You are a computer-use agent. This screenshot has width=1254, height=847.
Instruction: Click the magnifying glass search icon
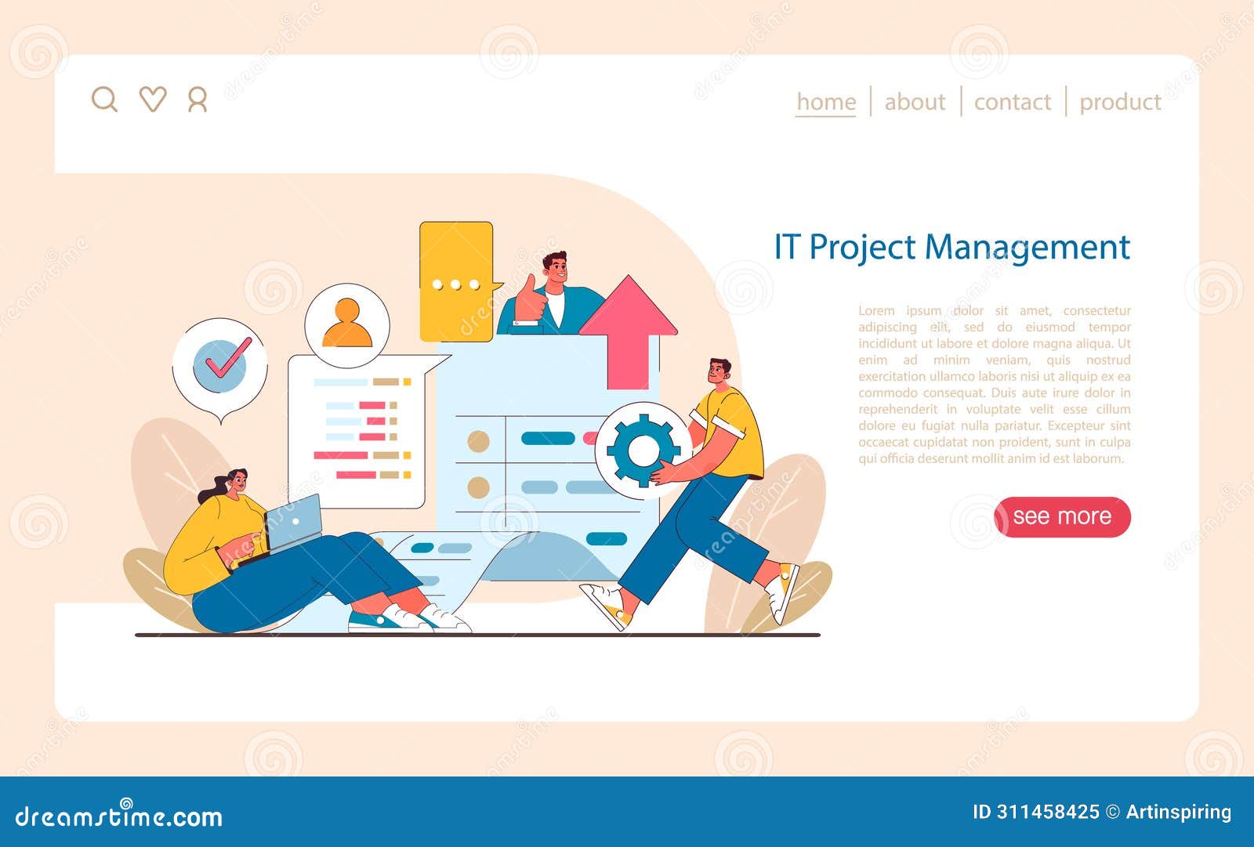103,100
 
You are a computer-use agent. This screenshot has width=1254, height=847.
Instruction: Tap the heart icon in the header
153,100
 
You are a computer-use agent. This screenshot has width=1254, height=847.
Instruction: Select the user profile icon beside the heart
198,100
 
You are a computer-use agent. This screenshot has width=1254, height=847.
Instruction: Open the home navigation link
825,102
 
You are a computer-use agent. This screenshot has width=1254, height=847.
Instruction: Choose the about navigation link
915,102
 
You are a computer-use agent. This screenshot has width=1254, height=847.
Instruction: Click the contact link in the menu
1012,102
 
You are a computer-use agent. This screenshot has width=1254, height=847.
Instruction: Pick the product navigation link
1120,102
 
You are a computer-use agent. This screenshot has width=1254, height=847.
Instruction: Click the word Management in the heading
1027,248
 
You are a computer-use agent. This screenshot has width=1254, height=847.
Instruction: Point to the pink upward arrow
629,329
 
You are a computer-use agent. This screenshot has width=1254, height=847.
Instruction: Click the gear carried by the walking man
643,450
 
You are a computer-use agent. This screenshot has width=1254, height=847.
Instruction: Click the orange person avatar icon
347,323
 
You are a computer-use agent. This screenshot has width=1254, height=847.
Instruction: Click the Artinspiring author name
1178,812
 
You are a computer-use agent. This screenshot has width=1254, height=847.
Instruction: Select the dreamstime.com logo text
119,816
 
